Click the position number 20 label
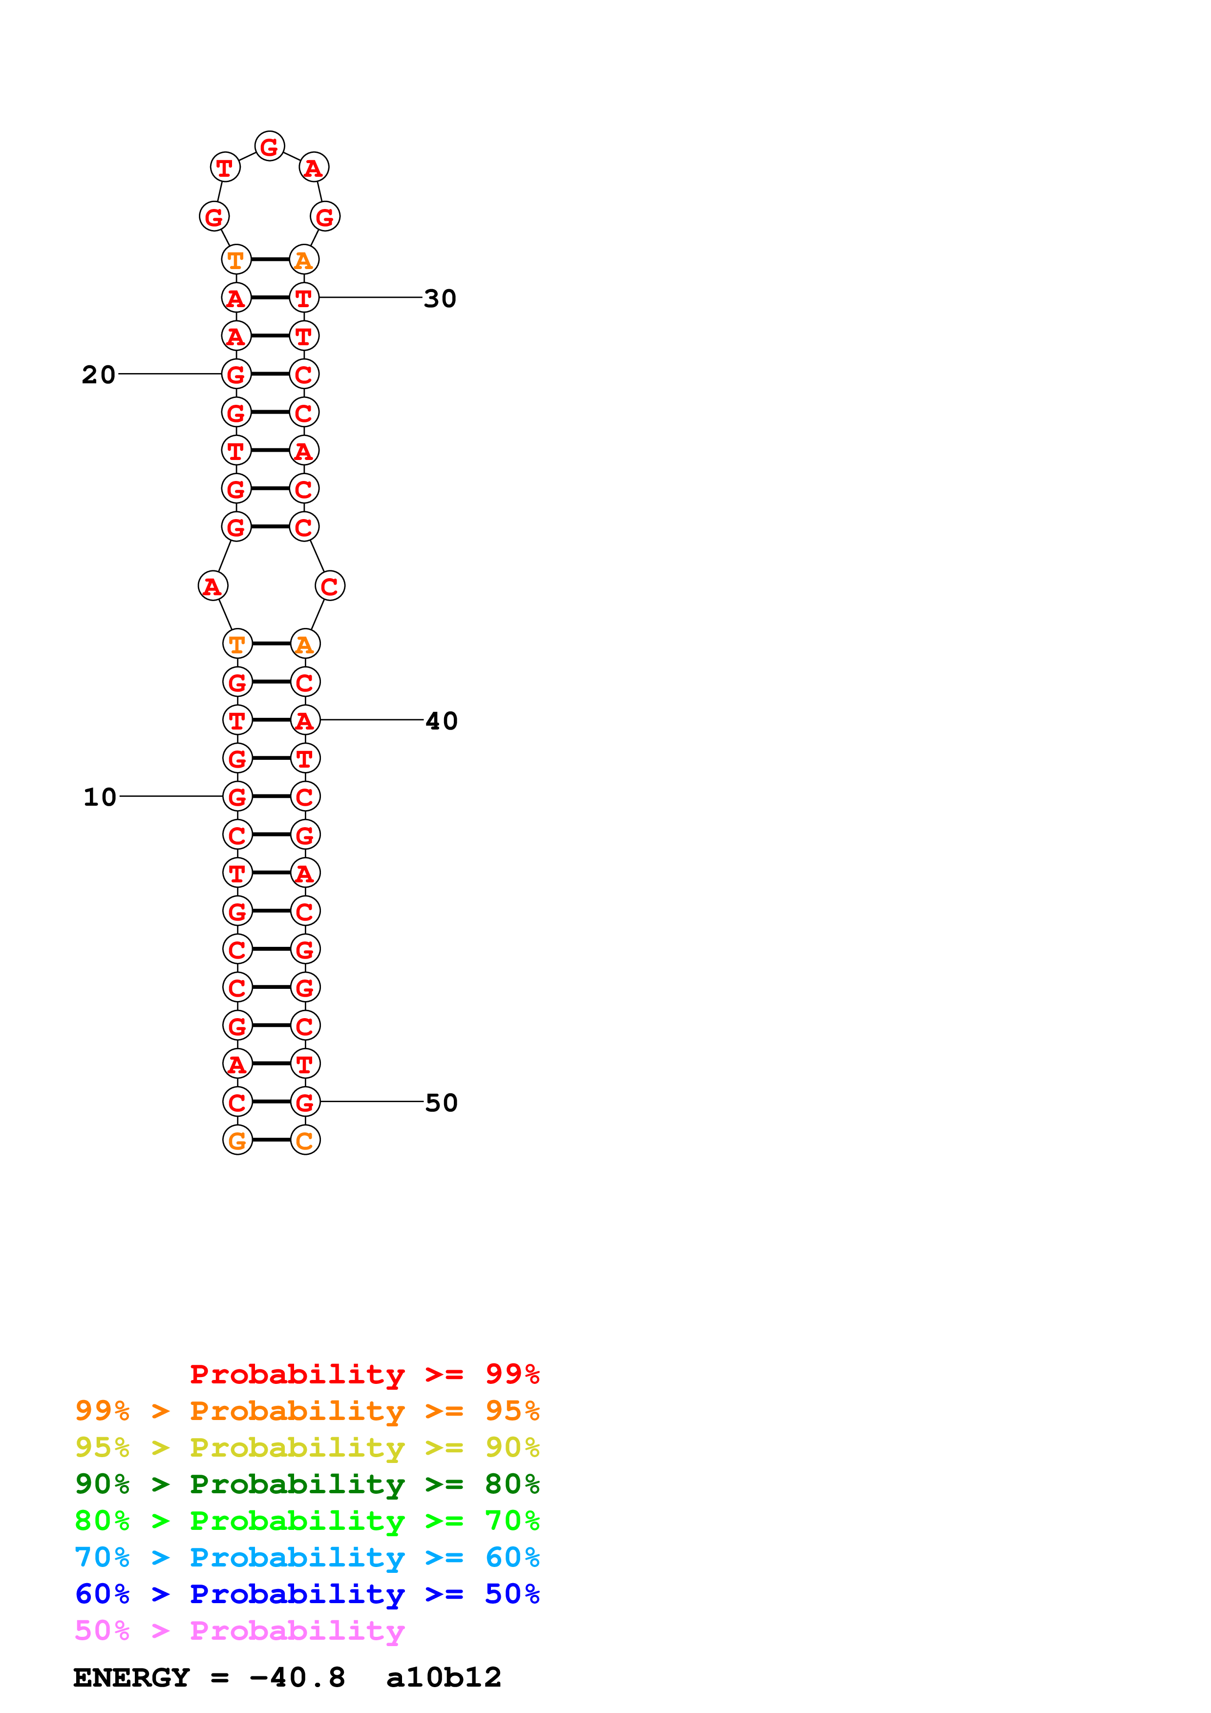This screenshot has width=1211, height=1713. (99, 375)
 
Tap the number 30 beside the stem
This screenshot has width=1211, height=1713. (440, 298)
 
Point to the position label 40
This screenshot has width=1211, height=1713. (441, 721)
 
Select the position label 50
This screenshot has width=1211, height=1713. (441, 1103)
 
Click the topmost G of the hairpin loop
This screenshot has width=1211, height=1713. (269, 146)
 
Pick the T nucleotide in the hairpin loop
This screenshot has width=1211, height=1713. (225, 168)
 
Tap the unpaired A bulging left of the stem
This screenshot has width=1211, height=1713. (212, 586)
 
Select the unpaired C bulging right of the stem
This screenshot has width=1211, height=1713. (330, 586)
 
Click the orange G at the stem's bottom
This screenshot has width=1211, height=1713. (237, 1140)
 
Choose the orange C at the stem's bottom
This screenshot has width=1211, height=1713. (304, 1140)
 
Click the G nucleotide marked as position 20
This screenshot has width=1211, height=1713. (236, 374)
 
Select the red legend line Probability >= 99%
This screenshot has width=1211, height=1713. (364, 1374)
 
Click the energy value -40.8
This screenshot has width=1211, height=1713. (297, 1678)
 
